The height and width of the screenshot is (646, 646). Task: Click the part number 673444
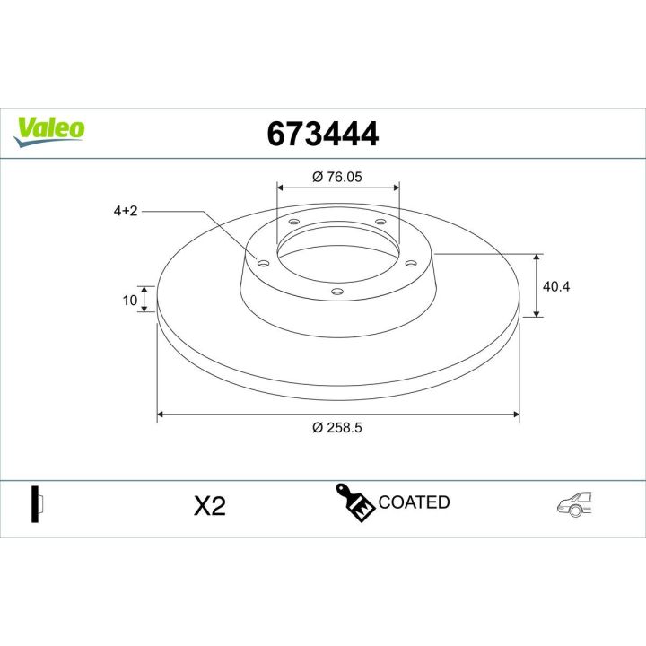[x=323, y=134]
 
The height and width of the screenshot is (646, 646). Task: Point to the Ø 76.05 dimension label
[x=337, y=177]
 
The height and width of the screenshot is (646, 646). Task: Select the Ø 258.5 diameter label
[x=337, y=429]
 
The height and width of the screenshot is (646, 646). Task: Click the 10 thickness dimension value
[x=130, y=299]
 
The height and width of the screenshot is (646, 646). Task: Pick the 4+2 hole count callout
[x=125, y=211]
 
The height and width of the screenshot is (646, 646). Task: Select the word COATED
[x=414, y=502]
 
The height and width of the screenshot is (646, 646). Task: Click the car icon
[x=575, y=504]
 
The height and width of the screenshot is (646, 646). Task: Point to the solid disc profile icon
[x=37, y=504]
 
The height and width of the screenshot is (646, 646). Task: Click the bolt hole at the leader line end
[x=263, y=263]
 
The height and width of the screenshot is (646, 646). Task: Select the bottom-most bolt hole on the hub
[x=337, y=291]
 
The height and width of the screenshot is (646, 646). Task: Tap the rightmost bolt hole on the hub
[x=411, y=263]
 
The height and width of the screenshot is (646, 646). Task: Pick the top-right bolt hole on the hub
[x=380, y=222]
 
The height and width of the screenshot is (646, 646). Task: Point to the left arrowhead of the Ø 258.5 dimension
[x=161, y=415]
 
